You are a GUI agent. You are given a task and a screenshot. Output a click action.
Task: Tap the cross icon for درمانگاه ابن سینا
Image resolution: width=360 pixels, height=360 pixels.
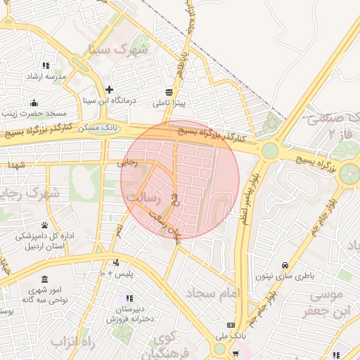click(x=109, y=89)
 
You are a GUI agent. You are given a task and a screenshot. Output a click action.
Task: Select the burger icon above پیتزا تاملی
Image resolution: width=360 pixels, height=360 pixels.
click(x=169, y=92)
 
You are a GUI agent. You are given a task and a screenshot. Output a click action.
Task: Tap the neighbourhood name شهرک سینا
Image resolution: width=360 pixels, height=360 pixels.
click(x=119, y=50)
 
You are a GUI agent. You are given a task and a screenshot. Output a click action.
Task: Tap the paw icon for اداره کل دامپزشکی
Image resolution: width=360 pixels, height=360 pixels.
click(x=46, y=225)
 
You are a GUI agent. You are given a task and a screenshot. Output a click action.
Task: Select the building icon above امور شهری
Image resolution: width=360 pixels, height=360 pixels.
click(x=45, y=279)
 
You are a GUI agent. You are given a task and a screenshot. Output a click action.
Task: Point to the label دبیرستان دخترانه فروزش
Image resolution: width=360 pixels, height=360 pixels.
click(x=129, y=314)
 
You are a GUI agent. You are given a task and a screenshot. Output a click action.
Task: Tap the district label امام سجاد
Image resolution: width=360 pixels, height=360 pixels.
click(x=214, y=291)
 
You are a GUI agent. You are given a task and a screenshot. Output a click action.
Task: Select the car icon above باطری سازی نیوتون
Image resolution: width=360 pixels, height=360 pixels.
click(x=284, y=265)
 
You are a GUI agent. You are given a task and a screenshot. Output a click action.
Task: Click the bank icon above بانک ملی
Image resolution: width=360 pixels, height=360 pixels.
click(x=231, y=325)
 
